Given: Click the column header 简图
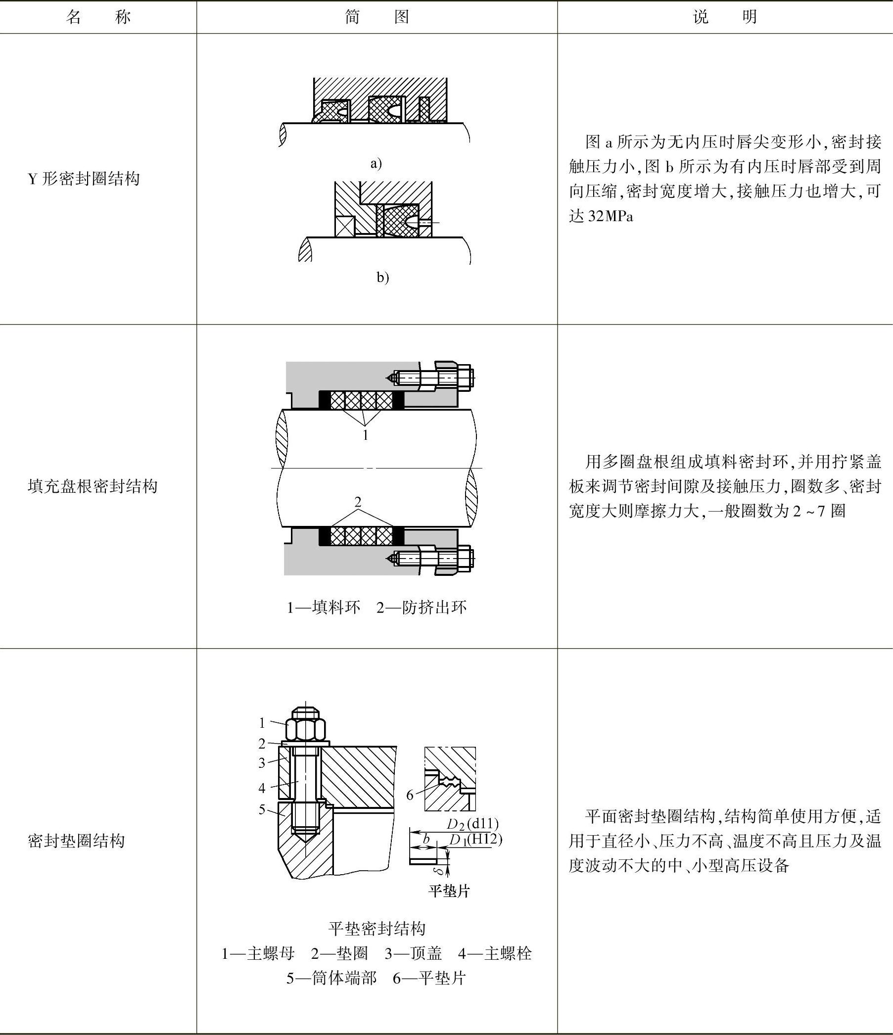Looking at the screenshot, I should [377, 17].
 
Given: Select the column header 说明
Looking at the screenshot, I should [725, 17].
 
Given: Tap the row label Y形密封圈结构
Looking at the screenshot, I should [84, 179].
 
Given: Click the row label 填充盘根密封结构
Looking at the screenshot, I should [93, 486].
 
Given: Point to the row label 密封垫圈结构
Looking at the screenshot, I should [76, 841].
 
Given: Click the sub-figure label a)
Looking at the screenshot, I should [376, 163].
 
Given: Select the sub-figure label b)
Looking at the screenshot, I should [382, 278].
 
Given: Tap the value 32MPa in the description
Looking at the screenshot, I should [611, 217].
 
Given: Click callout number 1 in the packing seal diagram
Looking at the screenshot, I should [366, 435].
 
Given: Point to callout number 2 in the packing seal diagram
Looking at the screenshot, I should [358, 502].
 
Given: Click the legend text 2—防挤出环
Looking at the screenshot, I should [422, 608].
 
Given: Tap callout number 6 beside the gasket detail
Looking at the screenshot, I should [410, 795].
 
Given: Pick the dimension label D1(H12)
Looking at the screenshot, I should [475, 840].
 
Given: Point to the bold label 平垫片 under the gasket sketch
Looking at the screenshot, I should [449, 891].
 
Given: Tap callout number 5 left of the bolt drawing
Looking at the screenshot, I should [262, 809].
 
